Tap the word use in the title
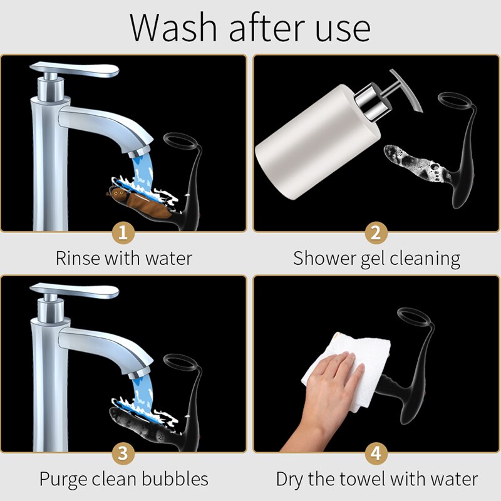(343, 31)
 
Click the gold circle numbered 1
(123, 232)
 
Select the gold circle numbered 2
(376, 232)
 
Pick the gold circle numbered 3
(123, 453)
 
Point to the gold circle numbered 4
(376, 453)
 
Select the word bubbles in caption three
(175, 479)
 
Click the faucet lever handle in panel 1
(74, 69)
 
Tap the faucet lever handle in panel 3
(74, 290)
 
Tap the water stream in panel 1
(143, 173)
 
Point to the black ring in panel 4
(415, 317)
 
